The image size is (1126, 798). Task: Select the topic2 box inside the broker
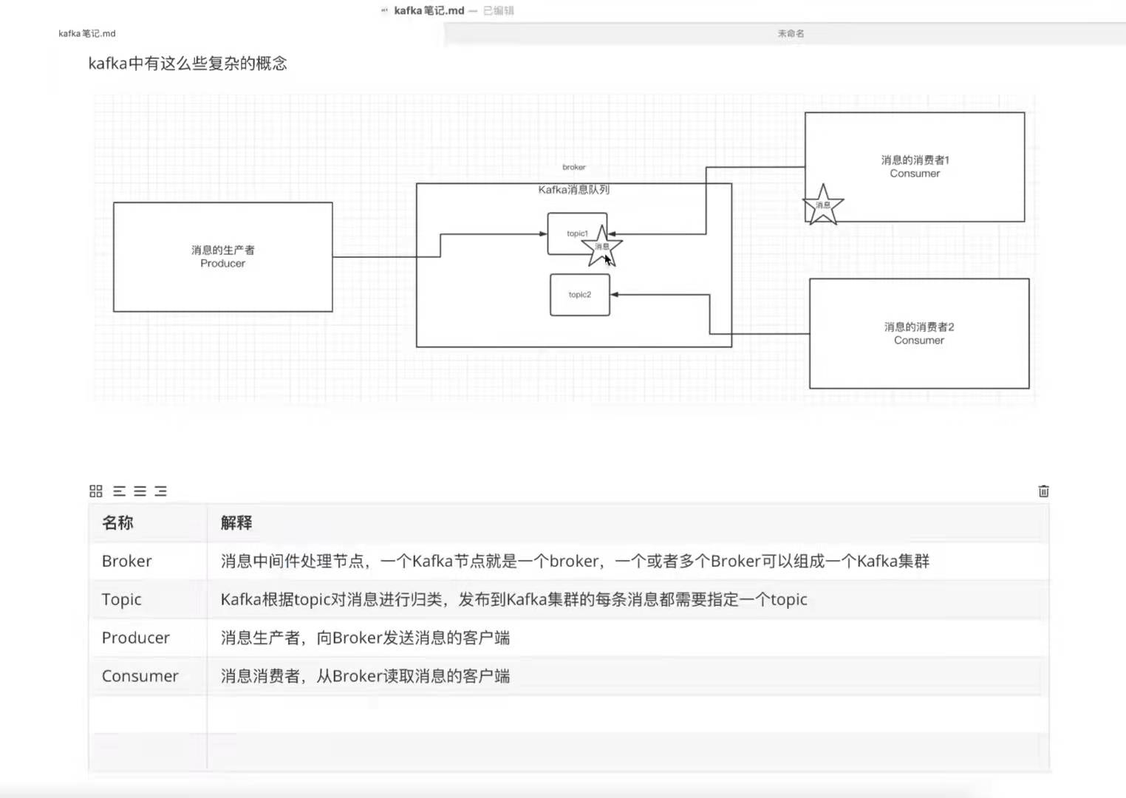(580, 295)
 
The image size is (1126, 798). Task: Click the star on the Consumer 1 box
(822, 205)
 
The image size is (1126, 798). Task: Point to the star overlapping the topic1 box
(601, 246)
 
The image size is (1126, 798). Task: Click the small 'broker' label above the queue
(573, 167)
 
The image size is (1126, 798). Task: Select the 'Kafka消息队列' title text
(573, 190)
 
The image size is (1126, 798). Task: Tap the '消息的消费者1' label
(915, 160)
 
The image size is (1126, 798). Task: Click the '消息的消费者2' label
(919, 327)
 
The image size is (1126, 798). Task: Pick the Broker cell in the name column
(126, 562)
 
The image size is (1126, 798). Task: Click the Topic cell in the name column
(121, 600)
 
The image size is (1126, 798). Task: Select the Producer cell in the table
(135, 638)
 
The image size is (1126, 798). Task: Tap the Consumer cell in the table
(140, 676)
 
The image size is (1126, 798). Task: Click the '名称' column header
(117, 523)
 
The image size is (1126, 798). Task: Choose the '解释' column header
(236, 523)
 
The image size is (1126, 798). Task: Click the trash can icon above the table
(1043, 491)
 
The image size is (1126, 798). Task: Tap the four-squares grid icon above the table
(96, 491)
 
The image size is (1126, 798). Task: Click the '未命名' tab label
(791, 33)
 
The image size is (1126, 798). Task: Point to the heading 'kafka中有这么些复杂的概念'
(188, 64)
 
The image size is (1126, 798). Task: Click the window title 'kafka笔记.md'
(429, 10)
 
